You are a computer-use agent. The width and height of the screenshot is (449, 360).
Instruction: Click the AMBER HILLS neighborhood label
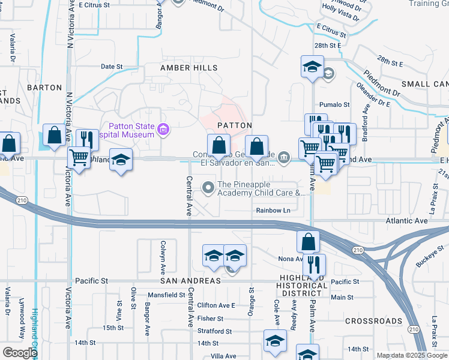coord(188,68)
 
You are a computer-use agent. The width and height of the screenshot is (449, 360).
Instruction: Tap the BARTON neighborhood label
coord(44,88)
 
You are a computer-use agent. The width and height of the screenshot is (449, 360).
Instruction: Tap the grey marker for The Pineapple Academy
coord(209,188)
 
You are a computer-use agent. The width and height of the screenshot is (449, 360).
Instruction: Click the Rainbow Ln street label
coord(273,211)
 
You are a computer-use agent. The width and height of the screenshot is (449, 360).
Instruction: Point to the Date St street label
coord(112,67)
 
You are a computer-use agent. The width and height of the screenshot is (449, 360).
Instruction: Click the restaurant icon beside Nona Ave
coord(314,264)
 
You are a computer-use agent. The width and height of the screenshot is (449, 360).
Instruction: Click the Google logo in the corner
coord(20,353)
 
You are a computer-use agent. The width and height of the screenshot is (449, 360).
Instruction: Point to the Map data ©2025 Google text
coord(411,355)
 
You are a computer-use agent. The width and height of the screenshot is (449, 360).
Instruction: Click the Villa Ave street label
coord(223,356)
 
